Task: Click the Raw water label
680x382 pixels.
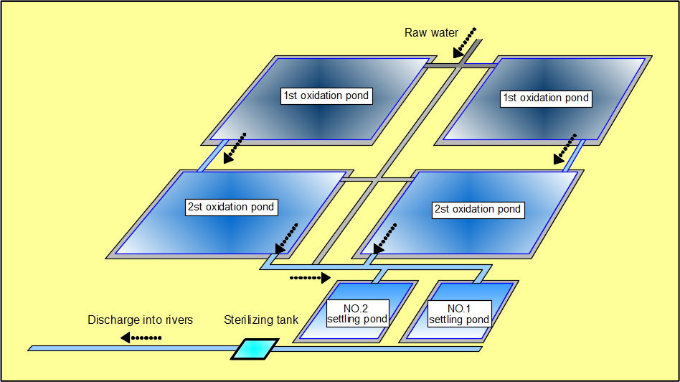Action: coord(431,33)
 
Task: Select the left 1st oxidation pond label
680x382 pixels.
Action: coord(326,96)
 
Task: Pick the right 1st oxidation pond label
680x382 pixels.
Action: coord(545,98)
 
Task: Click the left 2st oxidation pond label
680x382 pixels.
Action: coord(230,207)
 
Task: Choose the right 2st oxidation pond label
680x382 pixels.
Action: coord(477,209)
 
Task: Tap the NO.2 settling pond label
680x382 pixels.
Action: coord(357,313)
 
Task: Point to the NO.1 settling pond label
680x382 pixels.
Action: coord(459,313)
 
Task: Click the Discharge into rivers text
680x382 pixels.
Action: coord(141,320)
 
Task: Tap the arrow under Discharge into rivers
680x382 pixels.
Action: coord(141,337)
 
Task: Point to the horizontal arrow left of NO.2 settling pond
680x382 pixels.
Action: coord(310,277)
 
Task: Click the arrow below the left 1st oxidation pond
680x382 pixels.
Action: coord(235,148)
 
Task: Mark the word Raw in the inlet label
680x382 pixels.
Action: coord(416,33)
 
